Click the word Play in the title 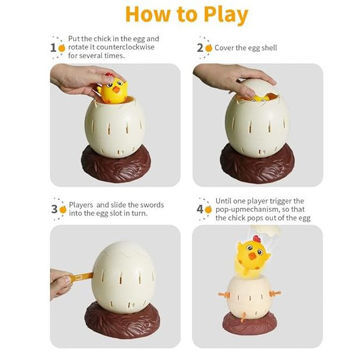226,15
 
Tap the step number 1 53,48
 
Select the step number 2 200,48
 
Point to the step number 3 54,209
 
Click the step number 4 200,209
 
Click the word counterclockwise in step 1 126,47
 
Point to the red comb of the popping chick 256,239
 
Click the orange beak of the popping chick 253,256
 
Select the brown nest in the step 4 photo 250,322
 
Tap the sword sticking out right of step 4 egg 275,293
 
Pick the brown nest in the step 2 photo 257,164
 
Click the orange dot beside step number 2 209,48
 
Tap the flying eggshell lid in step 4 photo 266,230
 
